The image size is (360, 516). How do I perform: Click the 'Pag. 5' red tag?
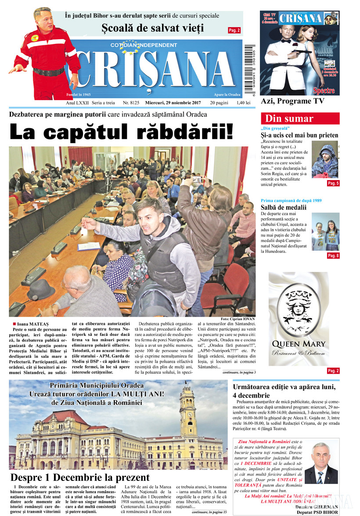(333, 183)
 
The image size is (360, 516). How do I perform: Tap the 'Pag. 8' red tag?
(333, 256)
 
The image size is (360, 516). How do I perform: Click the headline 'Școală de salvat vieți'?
(153, 29)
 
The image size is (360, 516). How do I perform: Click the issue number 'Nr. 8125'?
(131, 103)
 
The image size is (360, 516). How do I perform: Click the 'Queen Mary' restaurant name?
(299, 343)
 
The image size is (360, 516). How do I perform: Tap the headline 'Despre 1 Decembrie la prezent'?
(80, 477)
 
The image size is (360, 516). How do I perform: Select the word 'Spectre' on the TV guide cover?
(324, 91)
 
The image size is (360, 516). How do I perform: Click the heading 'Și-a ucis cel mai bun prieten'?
(299, 135)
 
